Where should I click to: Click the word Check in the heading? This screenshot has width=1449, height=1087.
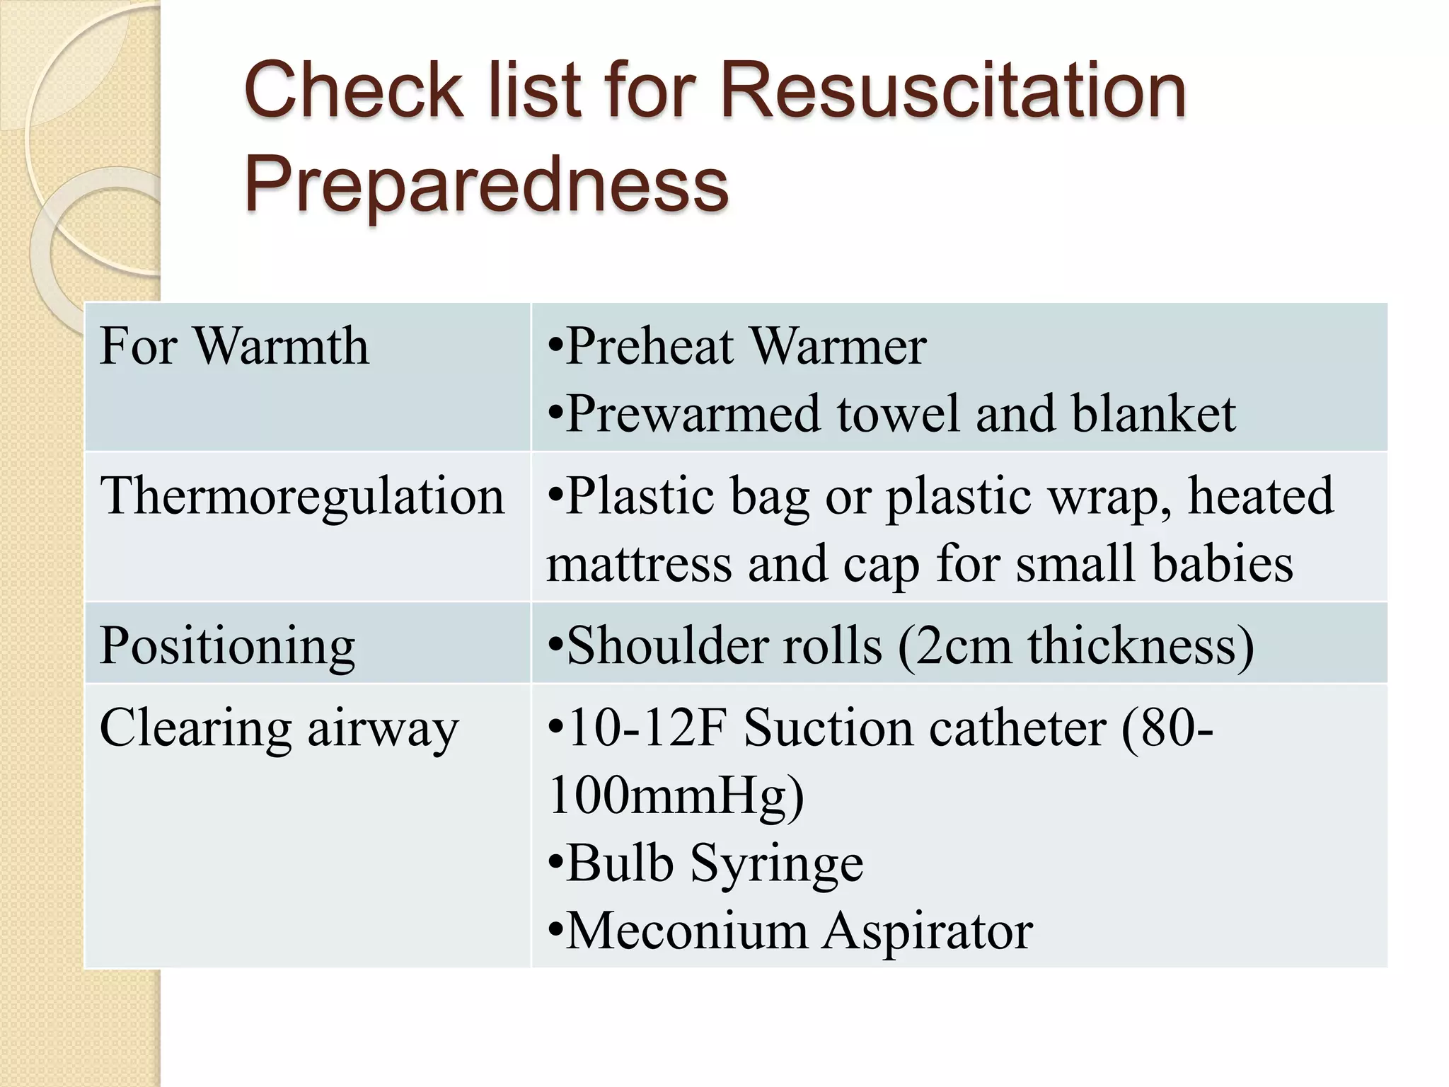tap(352, 90)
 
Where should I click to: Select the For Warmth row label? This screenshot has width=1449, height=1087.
tap(234, 346)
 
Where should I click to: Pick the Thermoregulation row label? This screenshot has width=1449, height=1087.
tap(302, 495)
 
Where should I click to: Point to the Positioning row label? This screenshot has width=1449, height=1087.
tap(227, 645)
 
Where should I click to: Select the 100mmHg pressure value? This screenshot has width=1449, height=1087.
tap(676, 795)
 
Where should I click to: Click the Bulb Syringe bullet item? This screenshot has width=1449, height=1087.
tap(705, 863)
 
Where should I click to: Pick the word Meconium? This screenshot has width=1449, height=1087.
tap(686, 931)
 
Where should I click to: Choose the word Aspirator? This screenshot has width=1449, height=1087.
tap(928, 931)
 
